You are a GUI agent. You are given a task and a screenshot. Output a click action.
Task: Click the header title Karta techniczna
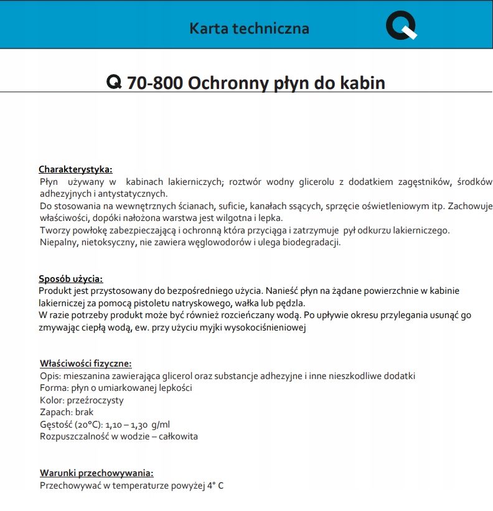pyautogui.click(x=249, y=28)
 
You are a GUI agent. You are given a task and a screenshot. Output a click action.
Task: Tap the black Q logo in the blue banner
pyautogui.click(x=401, y=26)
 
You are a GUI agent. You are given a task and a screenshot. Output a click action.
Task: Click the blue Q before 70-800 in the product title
pyautogui.click(x=115, y=83)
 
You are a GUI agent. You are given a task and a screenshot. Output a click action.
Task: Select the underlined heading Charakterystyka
pyautogui.click(x=75, y=169)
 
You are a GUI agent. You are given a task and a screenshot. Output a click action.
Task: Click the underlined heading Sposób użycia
pyautogui.click(x=70, y=279)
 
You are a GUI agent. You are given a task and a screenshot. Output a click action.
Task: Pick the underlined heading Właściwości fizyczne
pyautogui.click(x=86, y=363)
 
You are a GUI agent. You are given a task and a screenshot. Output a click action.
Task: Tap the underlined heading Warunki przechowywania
pyautogui.click(x=96, y=473)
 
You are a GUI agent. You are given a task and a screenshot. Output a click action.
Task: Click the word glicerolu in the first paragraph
pyautogui.click(x=314, y=182)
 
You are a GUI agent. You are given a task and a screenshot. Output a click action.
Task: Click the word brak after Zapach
pyautogui.click(x=84, y=412)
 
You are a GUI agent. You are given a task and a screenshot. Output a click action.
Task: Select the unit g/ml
pyautogui.click(x=160, y=424)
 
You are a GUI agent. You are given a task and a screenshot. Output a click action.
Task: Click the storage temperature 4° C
pyautogui.click(x=214, y=485)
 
